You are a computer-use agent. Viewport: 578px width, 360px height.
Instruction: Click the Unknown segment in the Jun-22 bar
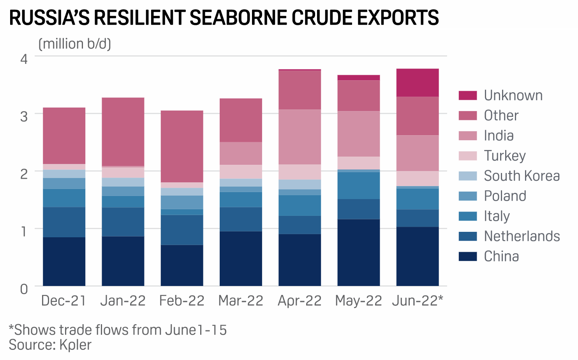pos(417,83)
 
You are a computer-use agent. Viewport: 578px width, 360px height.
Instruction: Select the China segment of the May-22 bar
pos(358,252)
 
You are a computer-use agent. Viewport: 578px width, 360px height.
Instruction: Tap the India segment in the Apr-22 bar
pos(300,137)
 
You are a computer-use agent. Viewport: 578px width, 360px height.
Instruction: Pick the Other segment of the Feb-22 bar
pos(182,146)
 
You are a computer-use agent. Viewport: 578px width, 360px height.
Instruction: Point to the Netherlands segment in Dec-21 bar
pos(64,222)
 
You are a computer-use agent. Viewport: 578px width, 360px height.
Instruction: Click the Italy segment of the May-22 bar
pos(358,185)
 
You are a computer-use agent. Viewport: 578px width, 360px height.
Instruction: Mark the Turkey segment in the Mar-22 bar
pos(241,172)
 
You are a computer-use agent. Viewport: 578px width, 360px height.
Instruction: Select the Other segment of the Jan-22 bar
pos(123,132)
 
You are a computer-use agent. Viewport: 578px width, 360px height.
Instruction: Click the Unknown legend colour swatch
pos(467,95)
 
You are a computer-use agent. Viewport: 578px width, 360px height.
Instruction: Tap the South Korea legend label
pos(522,176)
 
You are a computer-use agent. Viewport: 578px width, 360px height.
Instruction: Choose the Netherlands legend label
pos(522,236)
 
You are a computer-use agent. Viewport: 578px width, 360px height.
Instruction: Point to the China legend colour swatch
pos(467,256)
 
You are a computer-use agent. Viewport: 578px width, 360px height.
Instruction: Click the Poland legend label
pos(505,196)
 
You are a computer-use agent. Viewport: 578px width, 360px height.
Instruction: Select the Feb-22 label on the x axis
pos(182,301)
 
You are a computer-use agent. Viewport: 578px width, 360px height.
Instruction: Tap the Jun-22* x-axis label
pos(418,301)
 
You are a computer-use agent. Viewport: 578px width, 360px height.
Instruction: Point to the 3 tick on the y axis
pos(24,116)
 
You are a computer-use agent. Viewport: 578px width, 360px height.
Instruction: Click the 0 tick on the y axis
pos(24,289)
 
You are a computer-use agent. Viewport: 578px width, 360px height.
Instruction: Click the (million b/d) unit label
pos(75,44)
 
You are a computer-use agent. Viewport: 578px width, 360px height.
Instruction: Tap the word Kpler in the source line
pos(75,345)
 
